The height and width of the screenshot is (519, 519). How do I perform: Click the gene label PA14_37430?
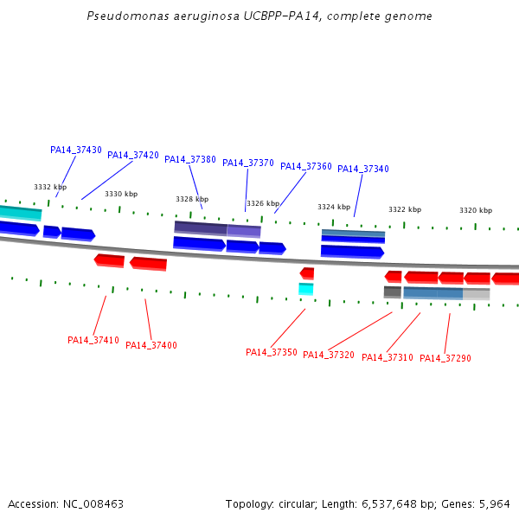(x=76, y=150)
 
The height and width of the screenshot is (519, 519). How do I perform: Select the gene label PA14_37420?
(x=133, y=155)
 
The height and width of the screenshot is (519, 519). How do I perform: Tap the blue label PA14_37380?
(x=190, y=159)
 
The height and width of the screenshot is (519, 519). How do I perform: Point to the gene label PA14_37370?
(x=248, y=163)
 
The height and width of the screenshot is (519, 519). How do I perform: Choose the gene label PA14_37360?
(x=306, y=166)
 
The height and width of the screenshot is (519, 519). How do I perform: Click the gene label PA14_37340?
(x=363, y=169)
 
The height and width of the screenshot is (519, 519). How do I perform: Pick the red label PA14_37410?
(x=93, y=340)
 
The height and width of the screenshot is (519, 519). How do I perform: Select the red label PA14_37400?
(x=151, y=345)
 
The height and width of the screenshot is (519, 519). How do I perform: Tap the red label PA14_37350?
(x=272, y=352)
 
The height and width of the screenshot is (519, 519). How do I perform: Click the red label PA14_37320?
(x=329, y=355)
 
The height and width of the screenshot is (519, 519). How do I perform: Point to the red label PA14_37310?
(x=388, y=357)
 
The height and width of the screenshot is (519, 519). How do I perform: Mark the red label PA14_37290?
(x=445, y=358)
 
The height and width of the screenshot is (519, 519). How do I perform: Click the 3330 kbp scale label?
(x=121, y=194)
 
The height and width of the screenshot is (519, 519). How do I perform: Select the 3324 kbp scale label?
(x=334, y=207)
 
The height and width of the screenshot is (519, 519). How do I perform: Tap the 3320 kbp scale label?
(x=476, y=210)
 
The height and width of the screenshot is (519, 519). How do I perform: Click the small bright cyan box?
(x=306, y=289)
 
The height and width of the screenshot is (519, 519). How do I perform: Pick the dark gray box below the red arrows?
(x=393, y=292)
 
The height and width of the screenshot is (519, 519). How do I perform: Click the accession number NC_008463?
(x=93, y=504)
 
